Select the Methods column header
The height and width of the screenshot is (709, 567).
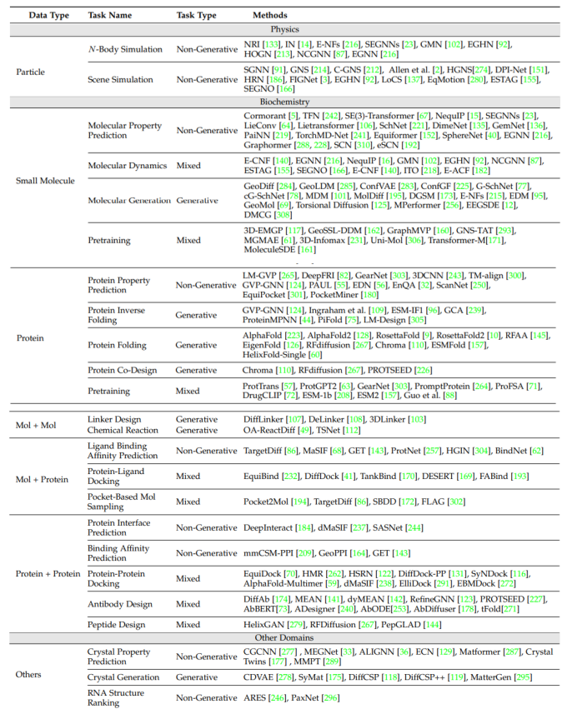coord(271,15)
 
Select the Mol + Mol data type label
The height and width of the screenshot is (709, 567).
coord(36,425)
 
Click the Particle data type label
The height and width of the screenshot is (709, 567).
coord(31,72)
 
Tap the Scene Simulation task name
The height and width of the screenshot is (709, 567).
coord(123,79)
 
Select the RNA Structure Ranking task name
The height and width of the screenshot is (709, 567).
coord(116,697)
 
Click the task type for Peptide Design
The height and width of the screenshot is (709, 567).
coord(188,624)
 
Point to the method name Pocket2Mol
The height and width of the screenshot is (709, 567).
coord(267,502)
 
